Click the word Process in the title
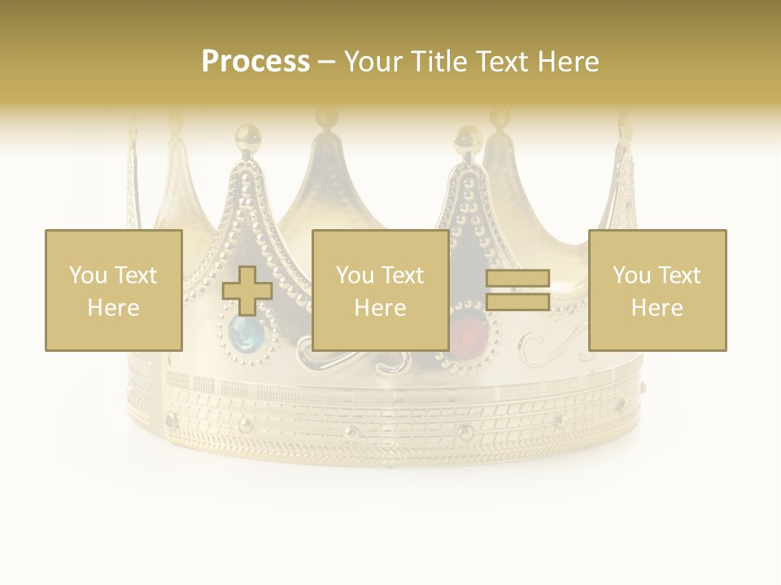coord(255,62)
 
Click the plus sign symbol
coord(248,291)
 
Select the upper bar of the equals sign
coord(517,279)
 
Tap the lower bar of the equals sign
coord(517,302)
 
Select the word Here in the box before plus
coord(113,308)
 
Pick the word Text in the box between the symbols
coord(402,275)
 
